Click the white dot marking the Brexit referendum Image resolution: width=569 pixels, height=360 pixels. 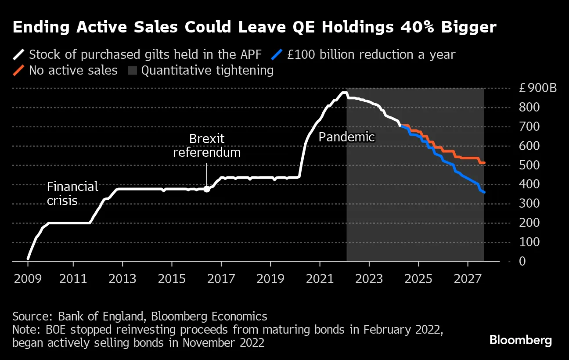207,189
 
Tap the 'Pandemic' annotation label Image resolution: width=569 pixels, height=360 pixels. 346,137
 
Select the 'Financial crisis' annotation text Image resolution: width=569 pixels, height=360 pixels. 72,194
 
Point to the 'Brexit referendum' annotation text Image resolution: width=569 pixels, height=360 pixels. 207,146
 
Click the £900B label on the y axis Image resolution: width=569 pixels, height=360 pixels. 537,88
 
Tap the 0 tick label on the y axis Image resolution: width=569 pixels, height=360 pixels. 522,261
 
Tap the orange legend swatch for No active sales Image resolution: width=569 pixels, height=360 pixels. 19,71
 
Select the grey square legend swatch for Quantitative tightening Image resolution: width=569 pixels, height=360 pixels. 133,71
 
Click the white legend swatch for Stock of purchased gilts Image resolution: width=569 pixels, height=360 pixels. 19,55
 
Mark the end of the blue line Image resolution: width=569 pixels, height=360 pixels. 484,192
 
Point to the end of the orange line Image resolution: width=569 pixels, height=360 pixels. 484,163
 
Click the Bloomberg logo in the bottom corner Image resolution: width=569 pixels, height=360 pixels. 520,340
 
